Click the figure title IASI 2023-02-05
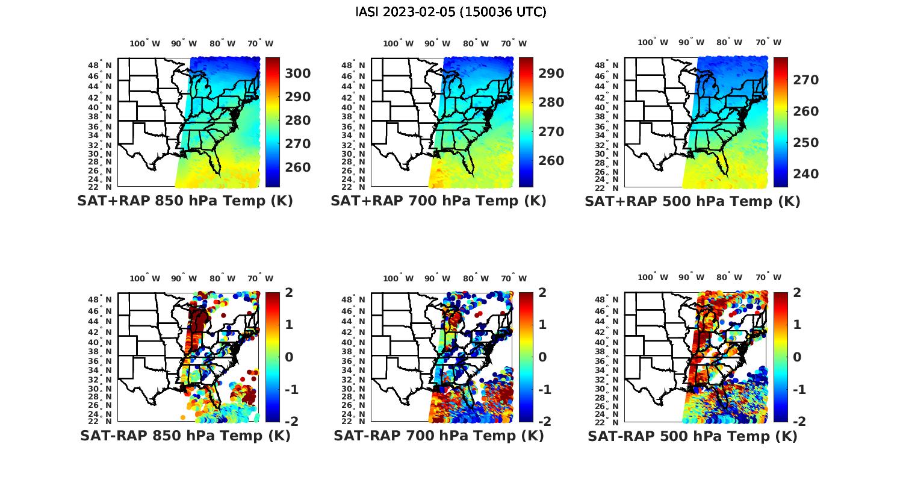(451, 12)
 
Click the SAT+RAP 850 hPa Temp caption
(185, 201)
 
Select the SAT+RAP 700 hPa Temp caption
(438, 201)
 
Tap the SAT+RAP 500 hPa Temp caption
(692, 201)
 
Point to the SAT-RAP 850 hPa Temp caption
(185, 436)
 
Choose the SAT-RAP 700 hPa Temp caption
(438, 436)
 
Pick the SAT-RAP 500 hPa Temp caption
(692, 436)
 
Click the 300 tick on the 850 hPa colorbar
(298, 73)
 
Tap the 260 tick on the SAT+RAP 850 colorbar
(298, 167)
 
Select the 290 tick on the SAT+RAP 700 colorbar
(551, 73)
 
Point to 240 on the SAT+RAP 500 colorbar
(805, 174)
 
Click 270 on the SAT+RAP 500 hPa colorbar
(805, 80)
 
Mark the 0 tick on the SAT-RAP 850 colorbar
(289, 357)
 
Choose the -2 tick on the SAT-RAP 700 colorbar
(539, 421)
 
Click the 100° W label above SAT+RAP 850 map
(144, 43)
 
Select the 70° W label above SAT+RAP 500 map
(768, 42)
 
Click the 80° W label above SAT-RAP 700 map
(475, 278)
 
